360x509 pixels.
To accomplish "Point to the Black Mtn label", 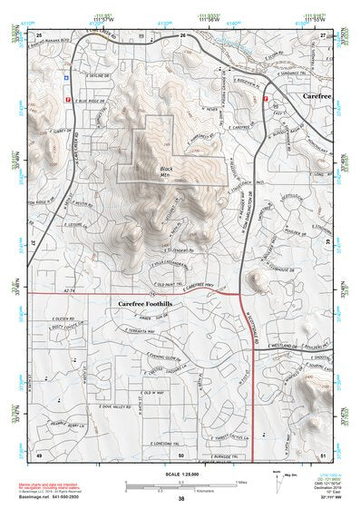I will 165,171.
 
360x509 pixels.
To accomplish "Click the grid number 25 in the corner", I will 40,34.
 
